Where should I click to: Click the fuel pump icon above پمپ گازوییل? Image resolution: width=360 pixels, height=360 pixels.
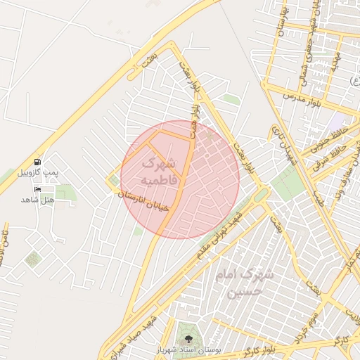pos(37,162)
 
